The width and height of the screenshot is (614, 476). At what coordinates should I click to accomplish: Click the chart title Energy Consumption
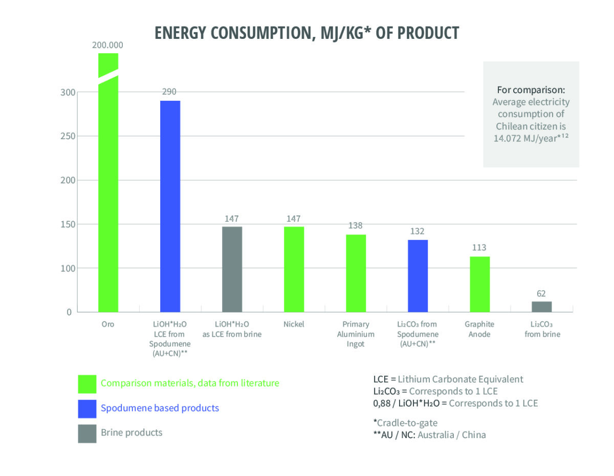tap(307, 32)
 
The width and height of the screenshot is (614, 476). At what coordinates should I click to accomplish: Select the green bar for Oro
tap(108, 194)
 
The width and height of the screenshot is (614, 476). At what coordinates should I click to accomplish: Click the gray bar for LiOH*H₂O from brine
tap(232, 269)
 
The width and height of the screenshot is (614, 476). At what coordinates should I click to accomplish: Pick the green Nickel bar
tap(294, 269)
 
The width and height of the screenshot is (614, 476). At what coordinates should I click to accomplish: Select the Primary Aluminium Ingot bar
tap(356, 273)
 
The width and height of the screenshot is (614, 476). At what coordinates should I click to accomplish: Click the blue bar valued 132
tap(418, 276)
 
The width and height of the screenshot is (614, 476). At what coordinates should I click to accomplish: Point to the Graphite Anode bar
tap(479, 284)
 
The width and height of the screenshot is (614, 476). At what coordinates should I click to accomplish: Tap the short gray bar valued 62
tap(541, 307)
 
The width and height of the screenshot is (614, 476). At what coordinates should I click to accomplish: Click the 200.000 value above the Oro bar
tap(107, 45)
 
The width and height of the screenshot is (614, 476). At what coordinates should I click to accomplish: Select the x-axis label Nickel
tap(294, 324)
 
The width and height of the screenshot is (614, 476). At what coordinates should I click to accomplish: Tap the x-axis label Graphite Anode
tap(479, 329)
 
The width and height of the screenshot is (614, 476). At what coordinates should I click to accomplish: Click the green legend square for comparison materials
tap(87, 383)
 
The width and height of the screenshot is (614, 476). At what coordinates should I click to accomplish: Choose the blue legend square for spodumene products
tap(87, 408)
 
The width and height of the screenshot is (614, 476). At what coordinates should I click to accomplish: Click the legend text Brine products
tap(131, 432)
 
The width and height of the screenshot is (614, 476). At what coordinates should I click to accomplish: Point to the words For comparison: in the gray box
tap(531, 90)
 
